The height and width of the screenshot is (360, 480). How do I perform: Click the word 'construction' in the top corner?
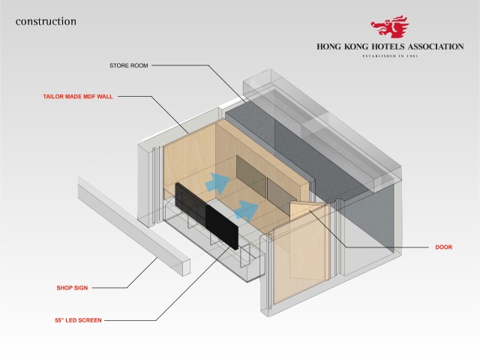46,21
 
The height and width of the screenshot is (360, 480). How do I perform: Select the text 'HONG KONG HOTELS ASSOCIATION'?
389,46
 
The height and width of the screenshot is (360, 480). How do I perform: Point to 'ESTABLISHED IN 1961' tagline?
389,56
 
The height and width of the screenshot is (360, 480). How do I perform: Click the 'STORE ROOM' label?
130,66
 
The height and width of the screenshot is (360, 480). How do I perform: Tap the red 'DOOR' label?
444,247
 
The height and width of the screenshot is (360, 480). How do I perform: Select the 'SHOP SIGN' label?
73,287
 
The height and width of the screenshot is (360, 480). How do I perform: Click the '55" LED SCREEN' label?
73,320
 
